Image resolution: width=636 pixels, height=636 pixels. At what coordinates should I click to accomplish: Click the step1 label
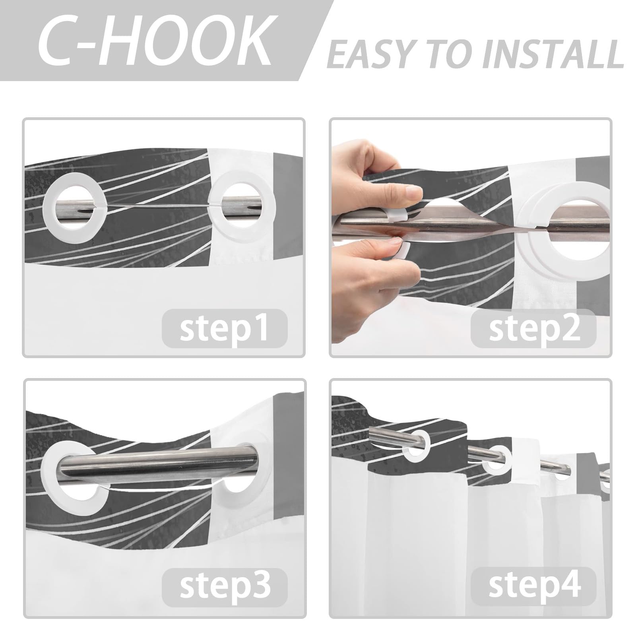pyautogui.click(x=224, y=328)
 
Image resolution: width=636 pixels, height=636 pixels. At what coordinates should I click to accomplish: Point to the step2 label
pyautogui.click(x=534, y=328)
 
